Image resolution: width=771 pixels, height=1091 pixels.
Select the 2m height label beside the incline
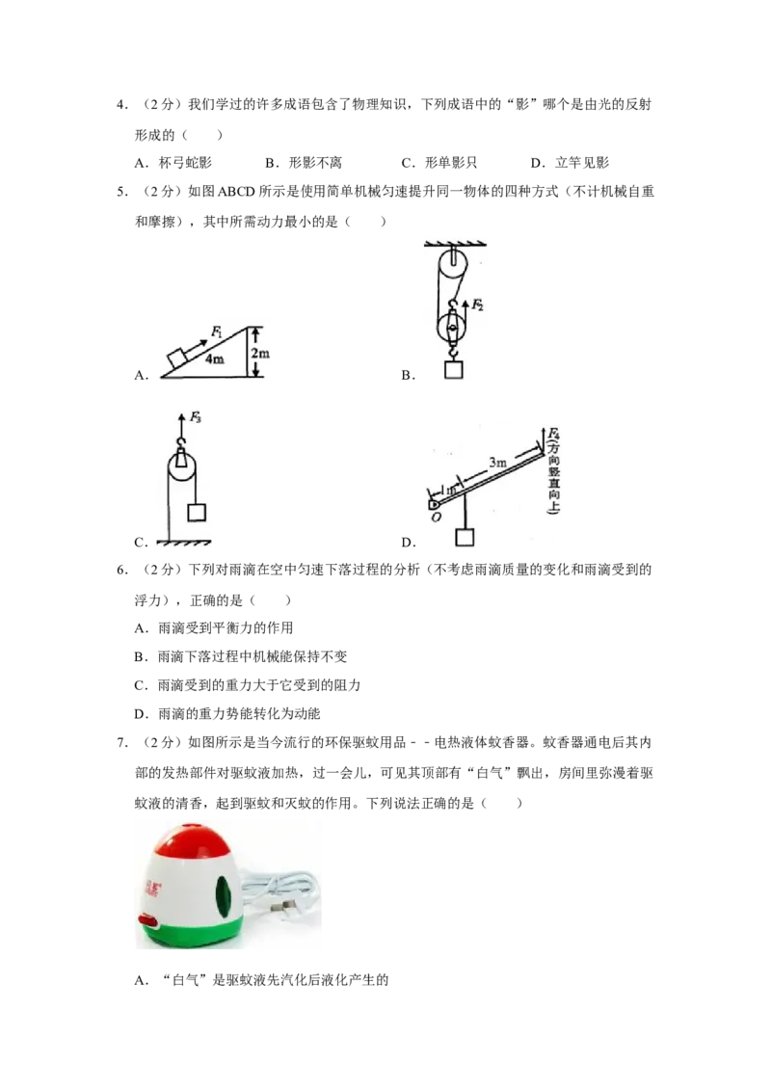tap(260, 355)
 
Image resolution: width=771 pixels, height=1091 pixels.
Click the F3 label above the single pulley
tap(195, 417)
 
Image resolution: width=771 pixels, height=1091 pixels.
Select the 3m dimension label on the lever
tap(497, 464)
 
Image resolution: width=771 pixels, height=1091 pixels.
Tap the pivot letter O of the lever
tap(437, 518)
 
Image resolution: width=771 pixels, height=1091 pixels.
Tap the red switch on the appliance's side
tap(147, 922)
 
